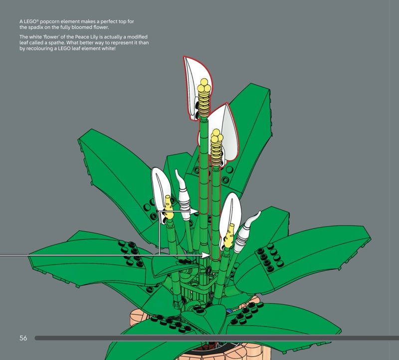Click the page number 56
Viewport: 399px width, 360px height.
[23, 338]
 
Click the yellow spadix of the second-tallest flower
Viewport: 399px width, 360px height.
[216, 147]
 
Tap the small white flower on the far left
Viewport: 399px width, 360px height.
[160, 187]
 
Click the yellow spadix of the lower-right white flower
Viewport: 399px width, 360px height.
[229, 237]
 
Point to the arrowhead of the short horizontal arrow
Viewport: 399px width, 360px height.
[197, 211]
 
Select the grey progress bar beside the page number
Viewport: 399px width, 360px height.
[214, 338]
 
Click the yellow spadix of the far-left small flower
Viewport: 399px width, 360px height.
[168, 208]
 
